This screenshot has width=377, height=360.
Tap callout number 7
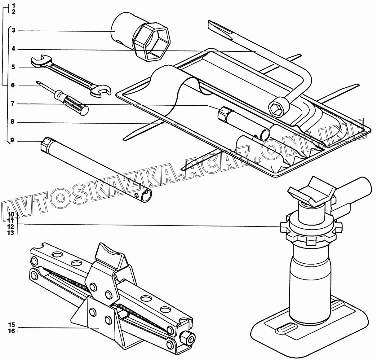(x=13, y=104)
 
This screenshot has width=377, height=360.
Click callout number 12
(x=11, y=226)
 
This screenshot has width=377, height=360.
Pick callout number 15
(x=11, y=325)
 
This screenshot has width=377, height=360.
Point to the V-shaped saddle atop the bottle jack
(x=312, y=191)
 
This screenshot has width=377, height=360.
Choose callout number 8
(x=12, y=122)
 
